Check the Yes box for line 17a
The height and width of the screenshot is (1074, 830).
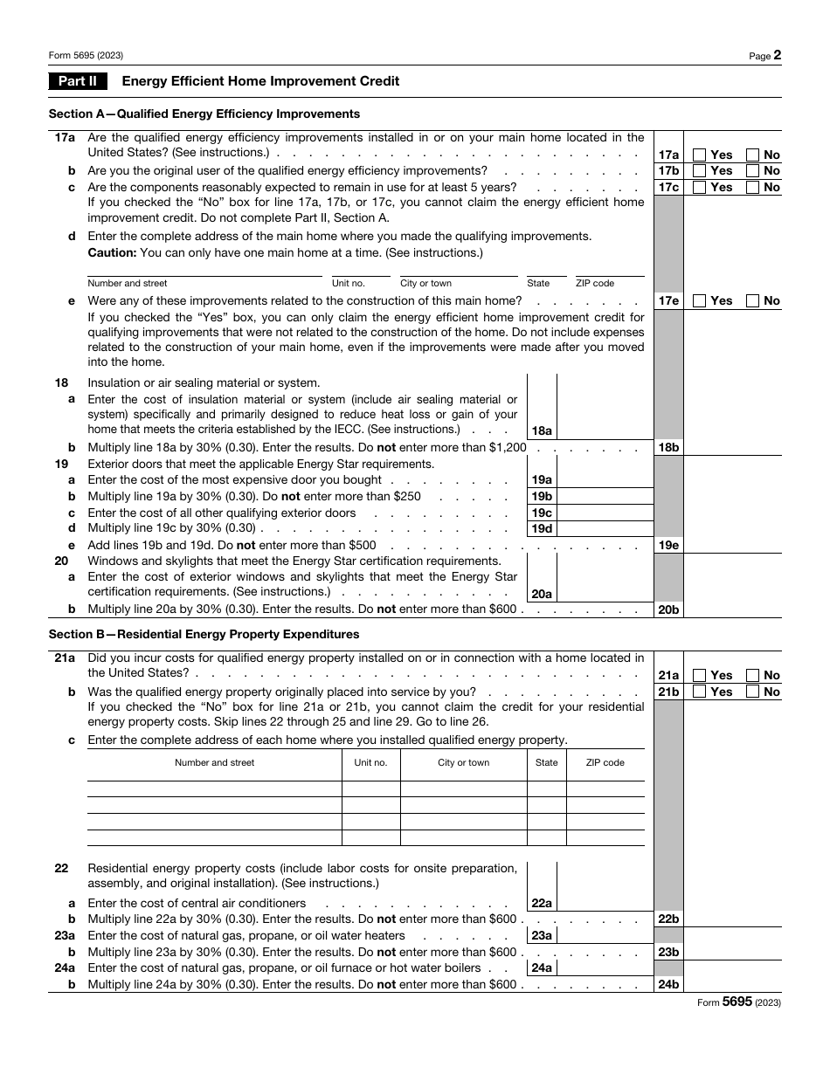699,155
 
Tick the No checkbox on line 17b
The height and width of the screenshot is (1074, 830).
752,171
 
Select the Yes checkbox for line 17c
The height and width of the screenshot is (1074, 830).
699,187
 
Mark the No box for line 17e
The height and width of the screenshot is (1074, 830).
752,300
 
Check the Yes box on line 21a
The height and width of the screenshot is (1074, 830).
699,675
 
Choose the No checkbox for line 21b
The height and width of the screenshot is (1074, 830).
752,692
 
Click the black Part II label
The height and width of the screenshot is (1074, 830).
78,81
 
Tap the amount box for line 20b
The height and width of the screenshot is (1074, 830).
732,609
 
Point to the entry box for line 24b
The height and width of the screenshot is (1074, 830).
732,984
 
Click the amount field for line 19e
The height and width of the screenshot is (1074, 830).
732,545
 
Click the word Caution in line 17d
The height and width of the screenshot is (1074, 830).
112,253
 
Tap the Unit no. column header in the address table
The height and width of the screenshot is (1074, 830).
370,762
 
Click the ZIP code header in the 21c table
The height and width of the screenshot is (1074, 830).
605,762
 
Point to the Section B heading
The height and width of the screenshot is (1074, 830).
204,634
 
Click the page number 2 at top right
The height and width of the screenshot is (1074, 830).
777,55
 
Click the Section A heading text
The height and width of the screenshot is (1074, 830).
204,114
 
